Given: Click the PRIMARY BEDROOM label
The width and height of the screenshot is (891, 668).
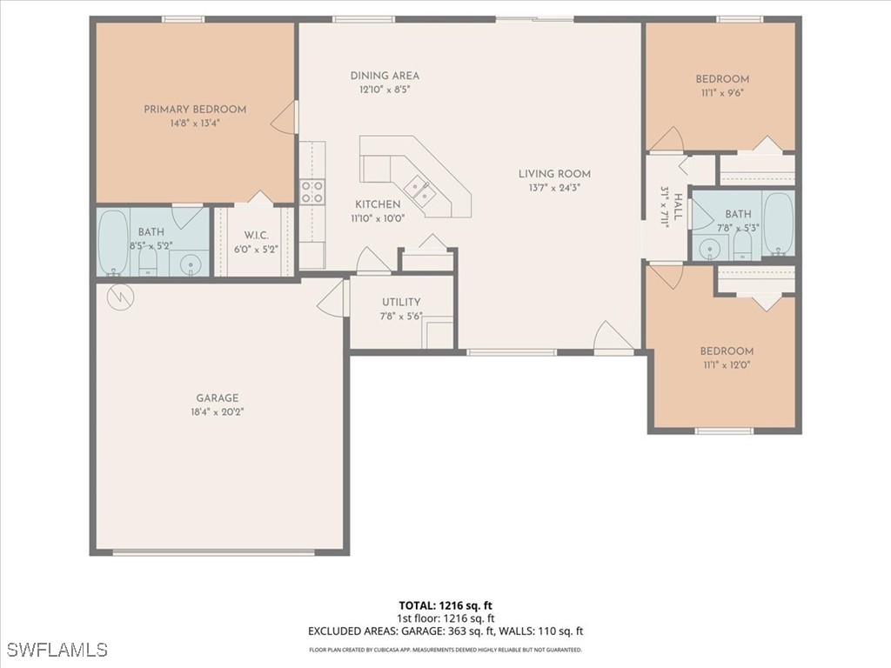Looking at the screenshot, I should click(x=195, y=110).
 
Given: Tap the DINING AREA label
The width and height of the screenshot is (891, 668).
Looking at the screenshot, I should click(x=385, y=76).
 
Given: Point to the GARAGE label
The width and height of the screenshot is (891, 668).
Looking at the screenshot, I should click(x=217, y=398).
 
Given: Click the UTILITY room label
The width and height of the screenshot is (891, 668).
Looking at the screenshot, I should click(x=401, y=303).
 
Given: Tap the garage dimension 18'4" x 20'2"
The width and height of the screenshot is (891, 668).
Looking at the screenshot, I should click(x=217, y=412).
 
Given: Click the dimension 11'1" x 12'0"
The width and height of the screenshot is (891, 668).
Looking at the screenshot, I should click(x=727, y=365).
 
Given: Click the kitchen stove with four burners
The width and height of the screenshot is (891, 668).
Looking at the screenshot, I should click(x=312, y=191).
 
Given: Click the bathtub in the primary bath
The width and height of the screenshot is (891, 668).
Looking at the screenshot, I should click(x=112, y=242).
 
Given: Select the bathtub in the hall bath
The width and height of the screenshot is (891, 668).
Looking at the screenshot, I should click(x=778, y=224).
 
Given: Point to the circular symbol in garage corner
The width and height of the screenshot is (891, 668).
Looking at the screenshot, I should click(x=117, y=297).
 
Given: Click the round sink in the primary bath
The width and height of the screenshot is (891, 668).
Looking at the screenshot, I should click(x=191, y=264).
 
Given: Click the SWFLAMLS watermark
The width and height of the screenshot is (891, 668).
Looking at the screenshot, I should click(x=57, y=650).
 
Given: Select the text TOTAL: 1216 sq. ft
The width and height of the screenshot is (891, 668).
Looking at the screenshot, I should click(x=445, y=605).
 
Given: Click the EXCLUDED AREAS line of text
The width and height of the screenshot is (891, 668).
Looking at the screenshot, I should click(x=445, y=631).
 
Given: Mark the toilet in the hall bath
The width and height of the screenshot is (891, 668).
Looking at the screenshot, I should click(x=742, y=245).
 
